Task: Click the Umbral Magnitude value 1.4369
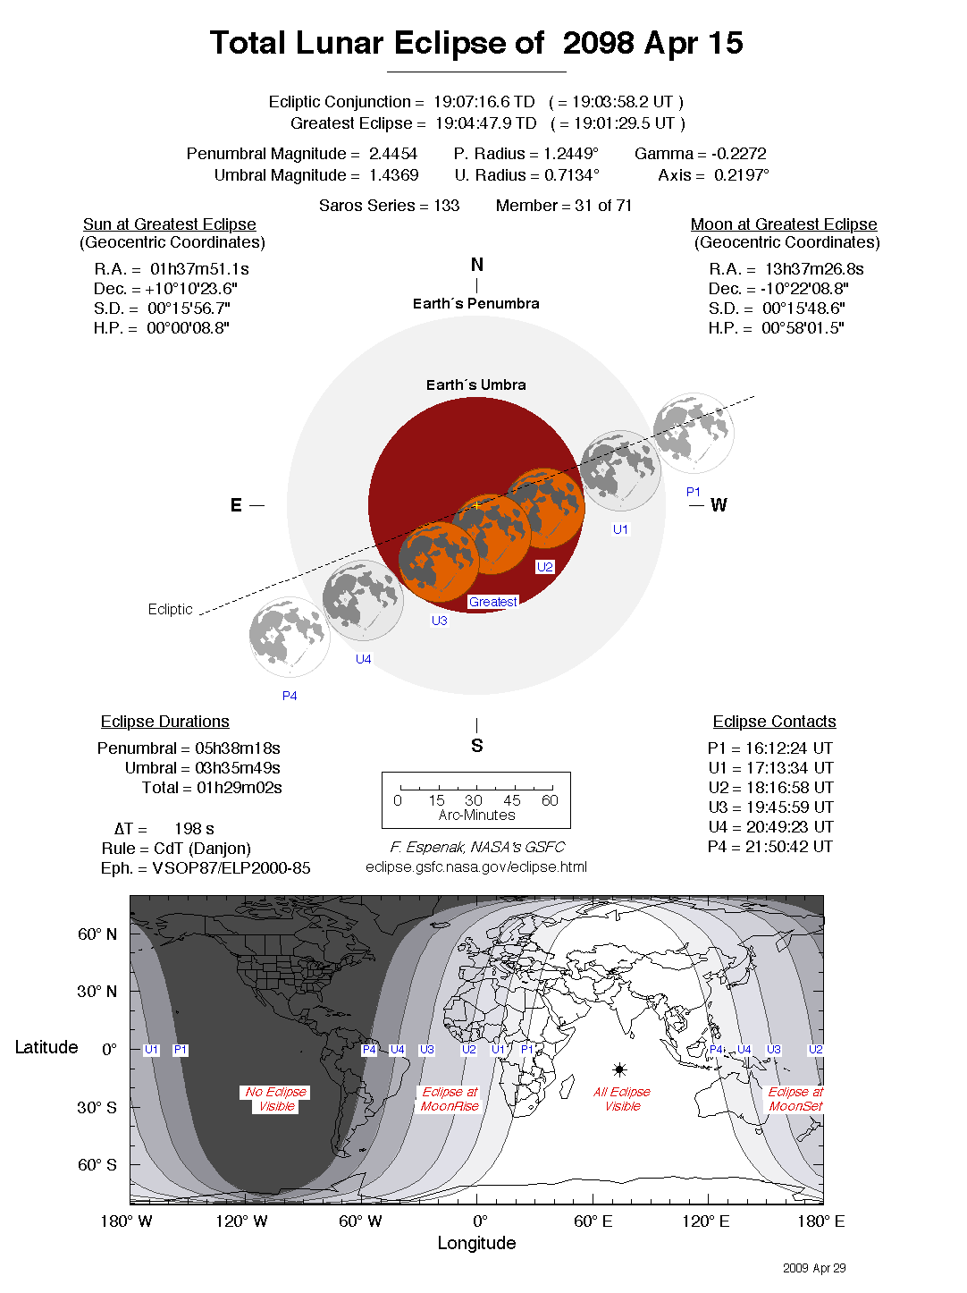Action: click(x=393, y=175)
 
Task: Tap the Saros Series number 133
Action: click(x=446, y=206)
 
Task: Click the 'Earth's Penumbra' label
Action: click(x=475, y=304)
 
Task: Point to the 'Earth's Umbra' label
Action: click(x=475, y=385)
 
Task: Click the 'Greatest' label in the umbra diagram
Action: click(x=492, y=602)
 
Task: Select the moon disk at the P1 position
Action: click(x=694, y=433)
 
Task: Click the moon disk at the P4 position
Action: click(x=290, y=637)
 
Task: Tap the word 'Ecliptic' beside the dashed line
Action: click(x=170, y=610)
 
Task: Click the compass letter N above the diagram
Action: click(x=477, y=265)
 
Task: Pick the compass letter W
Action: click(x=719, y=505)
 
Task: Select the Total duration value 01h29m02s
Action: click(x=240, y=788)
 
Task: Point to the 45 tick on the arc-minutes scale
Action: click(x=511, y=800)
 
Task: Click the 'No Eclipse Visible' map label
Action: click(x=276, y=1099)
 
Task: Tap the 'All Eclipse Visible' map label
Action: click(x=622, y=1099)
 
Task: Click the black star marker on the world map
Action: click(x=619, y=1069)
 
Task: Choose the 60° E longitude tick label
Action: click(x=593, y=1221)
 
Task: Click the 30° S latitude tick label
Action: click(x=97, y=1108)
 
